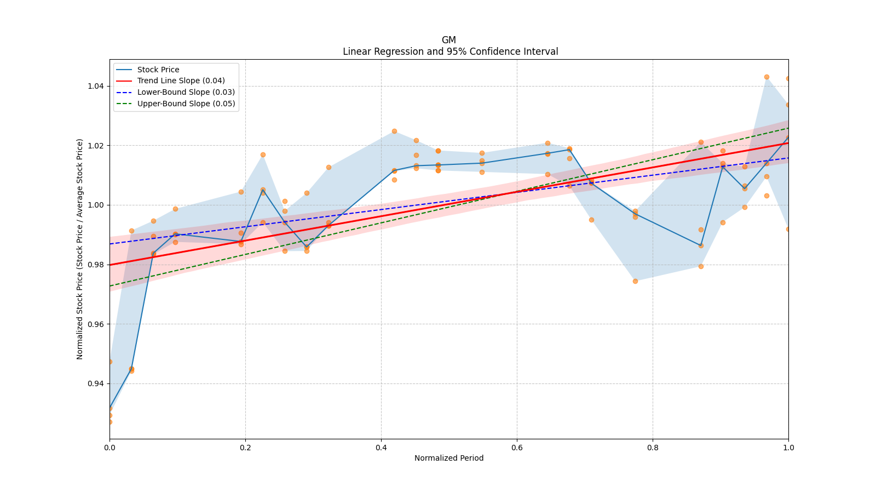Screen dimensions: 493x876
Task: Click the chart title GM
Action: click(448, 40)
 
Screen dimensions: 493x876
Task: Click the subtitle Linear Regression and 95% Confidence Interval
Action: click(450, 51)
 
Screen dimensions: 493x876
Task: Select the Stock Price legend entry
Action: click(158, 70)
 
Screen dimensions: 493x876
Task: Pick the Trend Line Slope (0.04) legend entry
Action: click(181, 81)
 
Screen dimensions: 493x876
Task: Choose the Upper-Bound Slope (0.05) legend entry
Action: click(186, 104)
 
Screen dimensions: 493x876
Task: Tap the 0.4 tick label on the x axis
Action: click(381, 448)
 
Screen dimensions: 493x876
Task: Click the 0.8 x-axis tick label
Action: click(653, 448)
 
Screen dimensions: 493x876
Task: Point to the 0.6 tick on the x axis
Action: click(517, 448)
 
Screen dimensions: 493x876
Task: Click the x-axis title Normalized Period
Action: click(449, 458)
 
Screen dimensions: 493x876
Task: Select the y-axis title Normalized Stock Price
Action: click(80, 249)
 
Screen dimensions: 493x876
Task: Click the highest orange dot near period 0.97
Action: click(766, 77)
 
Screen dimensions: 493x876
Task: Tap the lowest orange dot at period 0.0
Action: click(109, 422)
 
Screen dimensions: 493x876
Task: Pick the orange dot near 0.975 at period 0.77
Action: click(635, 281)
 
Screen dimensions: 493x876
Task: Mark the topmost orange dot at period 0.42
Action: click(394, 131)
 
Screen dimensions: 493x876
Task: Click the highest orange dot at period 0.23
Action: click(263, 155)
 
